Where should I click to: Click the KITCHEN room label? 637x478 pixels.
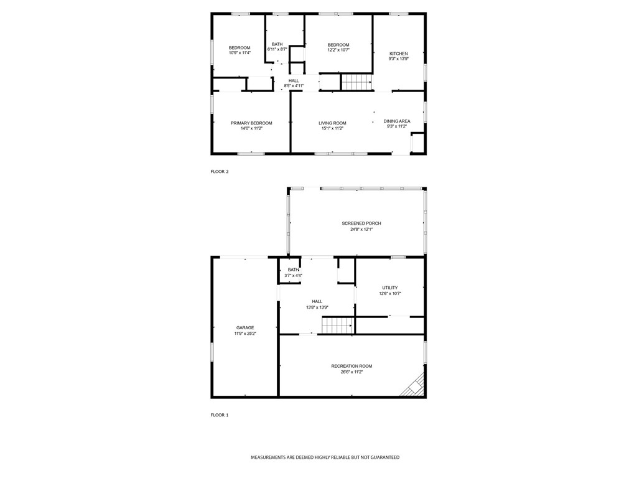point(399,54)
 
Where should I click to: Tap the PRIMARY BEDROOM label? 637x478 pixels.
point(251,123)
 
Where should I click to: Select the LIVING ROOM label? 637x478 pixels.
point(332,123)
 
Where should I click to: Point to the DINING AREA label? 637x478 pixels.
point(396,121)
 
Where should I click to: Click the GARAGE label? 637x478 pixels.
point(244,327)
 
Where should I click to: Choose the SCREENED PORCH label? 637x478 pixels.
point(361,223)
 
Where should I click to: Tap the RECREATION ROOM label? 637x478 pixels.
point(351,366)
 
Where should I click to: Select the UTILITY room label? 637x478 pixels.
point(390,288)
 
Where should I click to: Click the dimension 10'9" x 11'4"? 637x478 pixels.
point(239,53)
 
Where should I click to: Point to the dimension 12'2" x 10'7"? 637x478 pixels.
point(338,50)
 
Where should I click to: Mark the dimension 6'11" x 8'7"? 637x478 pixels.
point(277,49)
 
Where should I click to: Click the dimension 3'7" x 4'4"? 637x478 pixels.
point(293,275)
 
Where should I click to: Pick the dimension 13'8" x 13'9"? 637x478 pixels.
point(317,307)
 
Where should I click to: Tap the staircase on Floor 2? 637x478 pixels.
point(356,82)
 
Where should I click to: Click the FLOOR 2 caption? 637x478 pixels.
point(220,171)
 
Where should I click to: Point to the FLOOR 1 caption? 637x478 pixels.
point(220,415)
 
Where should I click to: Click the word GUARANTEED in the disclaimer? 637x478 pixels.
point(382,457)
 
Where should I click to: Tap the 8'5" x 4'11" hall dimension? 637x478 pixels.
point(294,86)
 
